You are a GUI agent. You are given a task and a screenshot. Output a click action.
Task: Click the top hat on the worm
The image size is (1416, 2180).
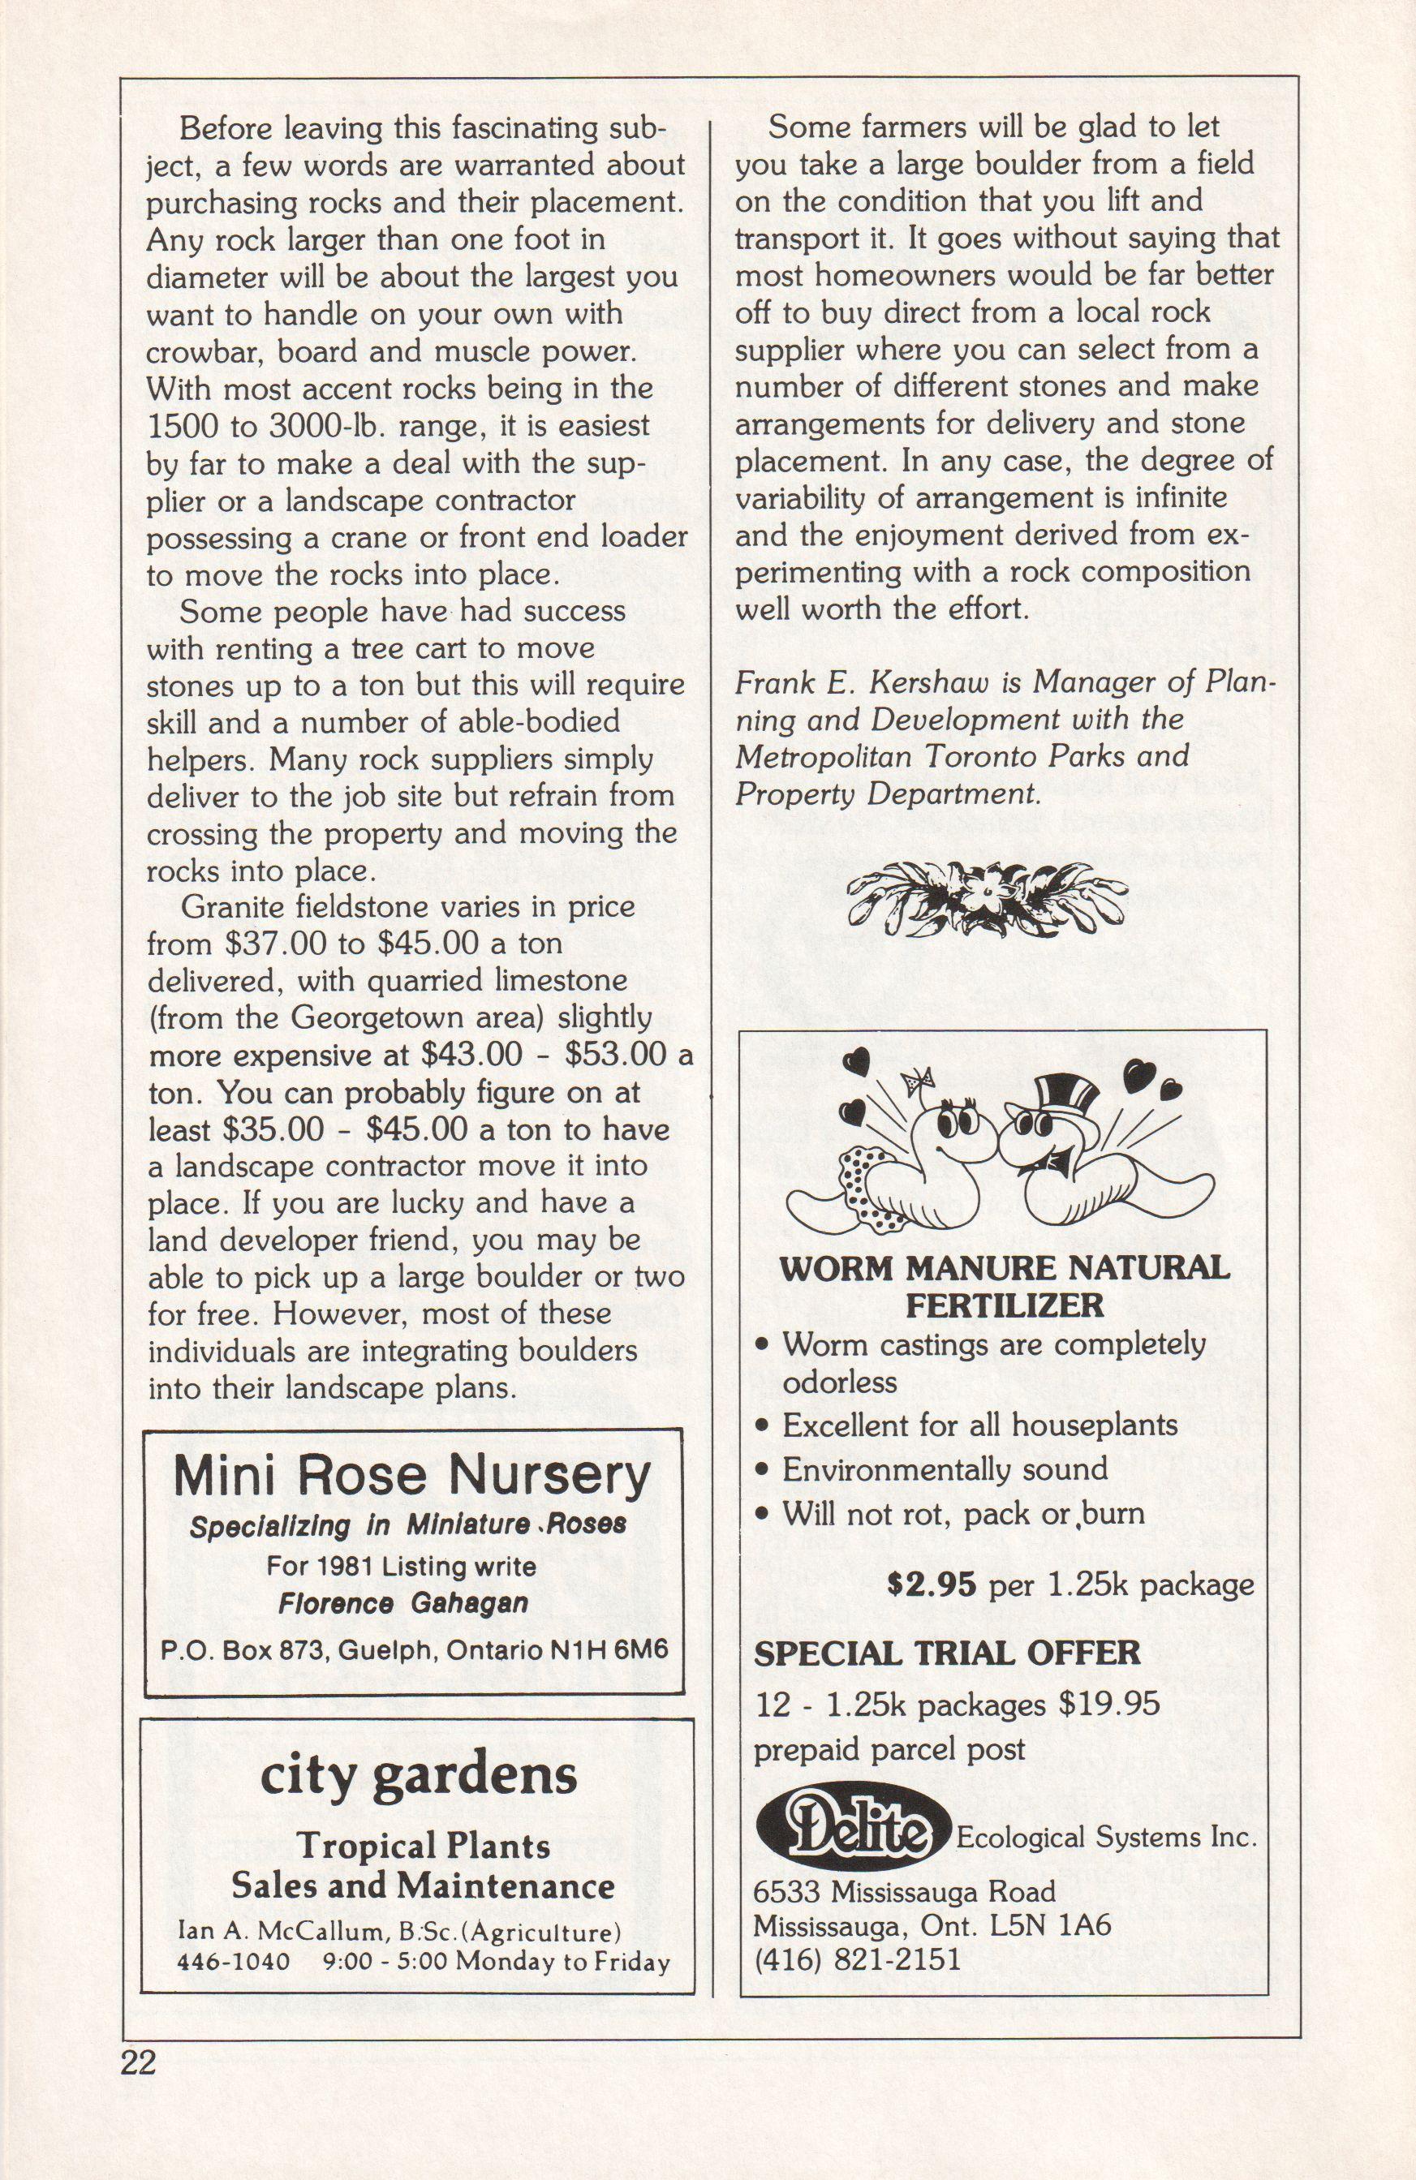[1065, 1093]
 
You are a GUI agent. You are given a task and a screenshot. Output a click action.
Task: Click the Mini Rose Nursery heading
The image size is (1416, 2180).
[412, 1476]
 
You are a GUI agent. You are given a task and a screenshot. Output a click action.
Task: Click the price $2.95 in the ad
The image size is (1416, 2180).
[933, 1584]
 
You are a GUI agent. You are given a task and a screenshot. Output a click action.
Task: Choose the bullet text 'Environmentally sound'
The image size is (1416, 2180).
[945, 1469]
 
